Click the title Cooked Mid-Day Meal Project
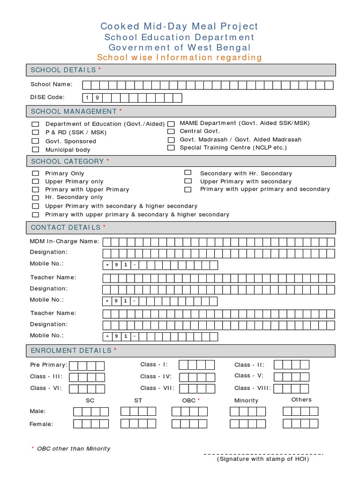click(179, 27)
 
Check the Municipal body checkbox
click(35, 150)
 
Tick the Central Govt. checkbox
click(171, 132)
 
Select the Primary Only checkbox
click(35, 173)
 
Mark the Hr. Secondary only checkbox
click(35, 198)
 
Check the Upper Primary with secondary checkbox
click(188, 181)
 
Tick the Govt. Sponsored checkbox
click(35, 141)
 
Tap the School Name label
click(52, 84)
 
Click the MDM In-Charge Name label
click(65, 241)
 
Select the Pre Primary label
click(49, 365)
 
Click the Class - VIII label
click(253, 388)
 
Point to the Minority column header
click(246, 400)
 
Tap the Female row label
click(41, 424)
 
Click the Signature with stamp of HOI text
click(262, 459)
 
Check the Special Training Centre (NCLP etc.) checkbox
click(171, 148)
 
